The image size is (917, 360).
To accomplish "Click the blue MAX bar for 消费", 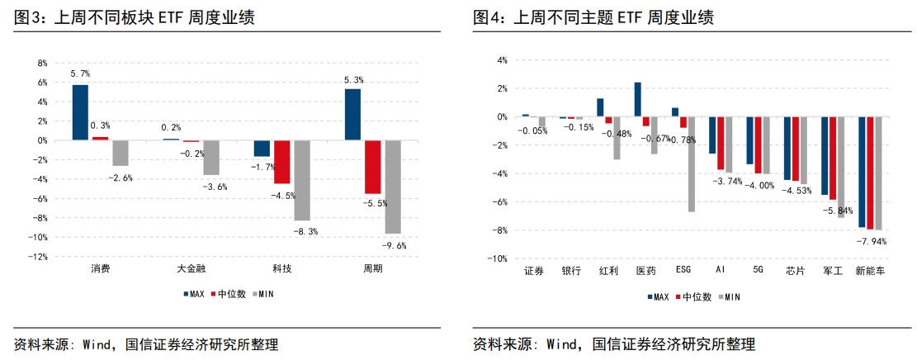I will coord(80,112).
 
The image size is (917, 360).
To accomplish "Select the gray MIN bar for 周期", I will coord(393,187).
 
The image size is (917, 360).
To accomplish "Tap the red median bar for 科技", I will coord(282,162).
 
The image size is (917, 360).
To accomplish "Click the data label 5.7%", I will coord(80,74).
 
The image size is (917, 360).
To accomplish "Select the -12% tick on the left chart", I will coord(38,257).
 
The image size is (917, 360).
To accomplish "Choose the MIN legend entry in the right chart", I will coord(731,296).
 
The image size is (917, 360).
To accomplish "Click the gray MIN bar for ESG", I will coord(691,164).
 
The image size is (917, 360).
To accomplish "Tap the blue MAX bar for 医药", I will coord(637,99).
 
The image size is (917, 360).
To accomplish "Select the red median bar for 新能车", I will coord(870,173).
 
